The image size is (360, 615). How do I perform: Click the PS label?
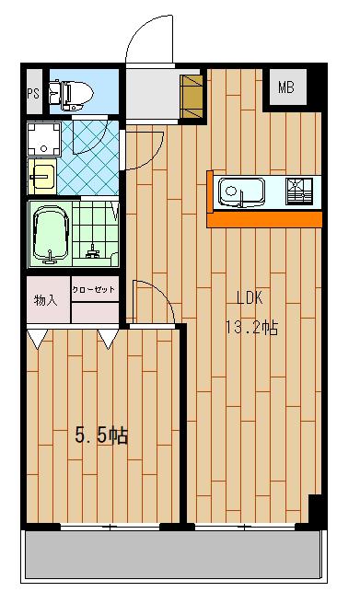click(33, 94)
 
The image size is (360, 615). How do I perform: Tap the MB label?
click(286, 87)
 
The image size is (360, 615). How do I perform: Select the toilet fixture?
click(71, 96)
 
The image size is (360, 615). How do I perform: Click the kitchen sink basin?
click(241, 191)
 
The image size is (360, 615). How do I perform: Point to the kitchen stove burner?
click(299, 191)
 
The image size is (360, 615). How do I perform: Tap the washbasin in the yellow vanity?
click(41, 177)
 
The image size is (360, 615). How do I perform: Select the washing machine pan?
click(44, 139)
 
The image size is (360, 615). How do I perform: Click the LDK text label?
click(250, 298)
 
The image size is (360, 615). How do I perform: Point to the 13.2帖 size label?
click(251, 327)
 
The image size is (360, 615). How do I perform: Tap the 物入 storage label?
click(46, 300)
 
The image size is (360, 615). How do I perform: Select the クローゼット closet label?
click(94, 289)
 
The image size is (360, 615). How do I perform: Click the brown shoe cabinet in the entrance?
click(192, 97)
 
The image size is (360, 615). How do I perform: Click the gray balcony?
click(173, 556)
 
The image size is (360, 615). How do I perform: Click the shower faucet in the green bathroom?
click(93, 251)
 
